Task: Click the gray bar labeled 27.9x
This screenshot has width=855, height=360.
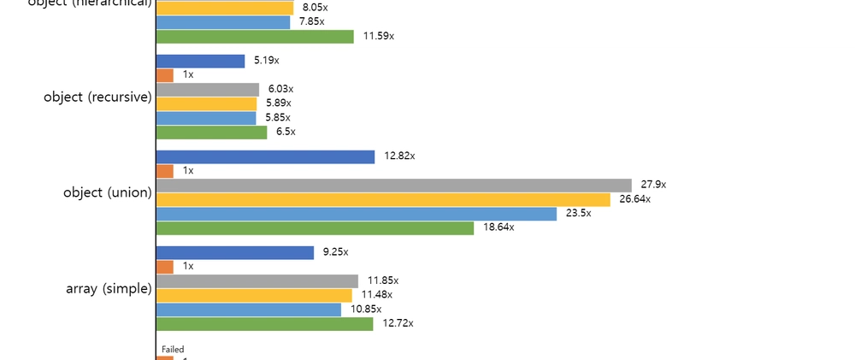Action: click(393, 186)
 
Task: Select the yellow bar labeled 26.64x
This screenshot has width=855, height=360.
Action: click(383, 199)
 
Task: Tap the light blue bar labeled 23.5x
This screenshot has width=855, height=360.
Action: click(357, 214)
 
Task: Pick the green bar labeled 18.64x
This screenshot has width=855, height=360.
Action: click(315, 228)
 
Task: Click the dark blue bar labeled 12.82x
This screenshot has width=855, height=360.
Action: click(265, 157)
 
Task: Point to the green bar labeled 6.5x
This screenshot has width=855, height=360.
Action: click(211, 133)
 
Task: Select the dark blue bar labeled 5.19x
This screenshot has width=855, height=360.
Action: click(200, 62)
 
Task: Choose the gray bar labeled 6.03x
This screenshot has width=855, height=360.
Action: click(208, 90)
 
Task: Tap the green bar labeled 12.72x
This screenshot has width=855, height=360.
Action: click(264, 324)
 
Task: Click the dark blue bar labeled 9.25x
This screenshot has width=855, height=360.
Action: click(235, 253)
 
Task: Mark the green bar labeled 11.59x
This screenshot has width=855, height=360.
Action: click(255, 37)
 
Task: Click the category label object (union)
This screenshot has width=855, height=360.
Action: click(107, 192)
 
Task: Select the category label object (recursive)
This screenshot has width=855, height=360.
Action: click(97, 97)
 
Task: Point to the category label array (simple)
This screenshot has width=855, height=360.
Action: click(109, 288)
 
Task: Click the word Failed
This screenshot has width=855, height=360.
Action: click(173, 349)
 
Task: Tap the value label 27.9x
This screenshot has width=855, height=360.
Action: click(653, 185)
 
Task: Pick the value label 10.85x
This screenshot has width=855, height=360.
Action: click(366, 309)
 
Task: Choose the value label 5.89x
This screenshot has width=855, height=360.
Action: click(279, 103)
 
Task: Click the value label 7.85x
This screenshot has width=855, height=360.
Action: click(311, 21)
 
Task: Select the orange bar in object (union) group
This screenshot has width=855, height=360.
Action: click(165, 171)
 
